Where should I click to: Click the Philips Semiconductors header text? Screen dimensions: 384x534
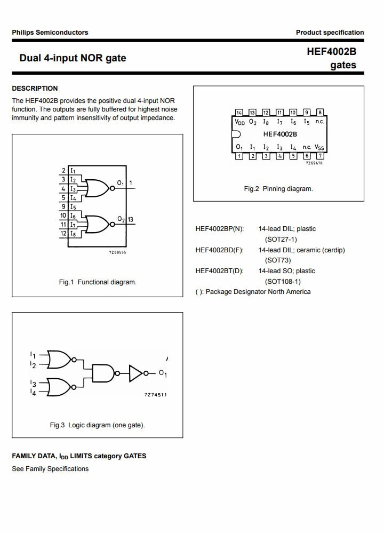point(50,33)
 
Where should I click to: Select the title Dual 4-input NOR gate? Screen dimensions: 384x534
point(73,58)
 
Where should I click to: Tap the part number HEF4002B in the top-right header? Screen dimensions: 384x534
point(331,52)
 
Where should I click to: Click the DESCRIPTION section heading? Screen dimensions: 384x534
point(35,89)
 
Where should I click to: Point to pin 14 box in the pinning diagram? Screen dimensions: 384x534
point(239,113)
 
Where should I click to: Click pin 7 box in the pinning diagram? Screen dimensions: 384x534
point(320,156)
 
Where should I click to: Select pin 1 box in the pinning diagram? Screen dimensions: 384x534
point(239,156)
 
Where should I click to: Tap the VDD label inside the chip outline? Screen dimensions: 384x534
point(239,122)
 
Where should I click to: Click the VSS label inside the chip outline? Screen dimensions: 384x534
point(319,147)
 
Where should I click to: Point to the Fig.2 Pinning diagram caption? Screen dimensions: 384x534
point(278,189)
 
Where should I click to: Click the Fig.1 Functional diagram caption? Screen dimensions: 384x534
point(98,282)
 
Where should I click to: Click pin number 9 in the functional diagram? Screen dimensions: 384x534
point(63,206)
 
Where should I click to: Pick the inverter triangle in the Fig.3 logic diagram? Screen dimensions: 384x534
point(136,373)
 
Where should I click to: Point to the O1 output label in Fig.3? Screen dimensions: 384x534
point(163,373)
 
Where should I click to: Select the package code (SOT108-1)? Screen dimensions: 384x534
point(283,281)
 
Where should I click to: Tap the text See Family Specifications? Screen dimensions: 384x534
point(50,469)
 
